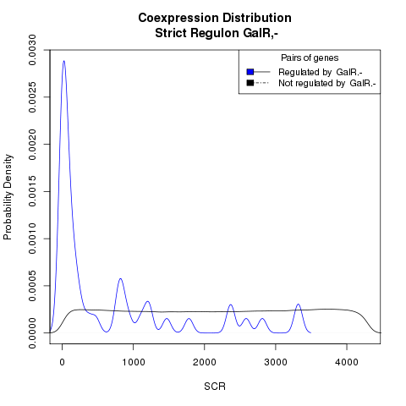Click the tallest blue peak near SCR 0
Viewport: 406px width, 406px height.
pyautogui.click(x=64, y=61)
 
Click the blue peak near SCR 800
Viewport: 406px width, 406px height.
pyautogui.click(x=121, y=278)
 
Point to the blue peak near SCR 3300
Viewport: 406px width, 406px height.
pyautogui.click(x=299, y=304)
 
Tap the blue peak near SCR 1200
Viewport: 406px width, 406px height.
pyautogui.click(x=147, y=302)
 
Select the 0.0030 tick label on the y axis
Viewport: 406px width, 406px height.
pyautogui.click(x=33, y=50)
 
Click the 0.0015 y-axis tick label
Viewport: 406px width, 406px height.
pyautogui.click(x=33, y=191)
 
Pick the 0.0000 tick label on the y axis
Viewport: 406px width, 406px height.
pyautogui.click(x=33, y=333)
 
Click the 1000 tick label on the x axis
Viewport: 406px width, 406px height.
pyautogui.click(x=134, y=362)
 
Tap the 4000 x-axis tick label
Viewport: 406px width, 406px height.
pyautogui.click(x=347, y=362)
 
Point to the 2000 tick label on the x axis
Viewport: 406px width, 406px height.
pyautogui.click(x=205, y=362)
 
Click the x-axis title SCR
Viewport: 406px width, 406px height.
pyautogui.click(x=215, y=387)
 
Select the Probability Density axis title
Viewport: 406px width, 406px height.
pyautogui.click(x=8, y=197)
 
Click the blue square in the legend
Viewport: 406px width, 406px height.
pyautogui.click(x=250, y=72)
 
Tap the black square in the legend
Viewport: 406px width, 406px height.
pyautogui.click(x=250, y=83)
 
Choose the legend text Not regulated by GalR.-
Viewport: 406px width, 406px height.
pyautogui.click(x=327, y=84)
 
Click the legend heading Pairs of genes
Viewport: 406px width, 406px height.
pyautogui.click(x=310, y=58)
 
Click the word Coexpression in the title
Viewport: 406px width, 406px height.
pyautogui.click(x=178, y=19)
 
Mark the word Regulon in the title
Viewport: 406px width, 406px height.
pyautogui.click(x=215, y=33)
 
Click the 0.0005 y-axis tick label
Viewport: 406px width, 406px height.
pyautogui.click(x=33, y=286)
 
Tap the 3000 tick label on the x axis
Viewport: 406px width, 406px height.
pyautogui.click(x=276, y=362)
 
